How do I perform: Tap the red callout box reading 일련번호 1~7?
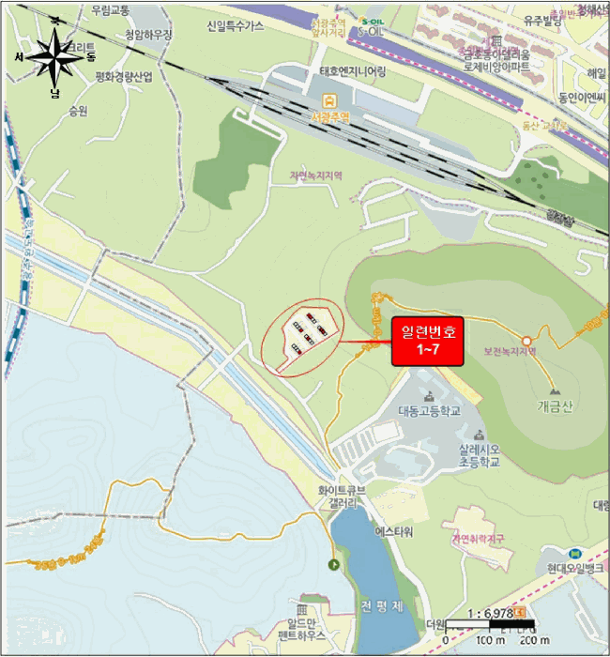(x=428, y=342)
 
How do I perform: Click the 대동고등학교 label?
(x=430, y=411)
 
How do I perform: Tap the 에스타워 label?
(x=394, y=530)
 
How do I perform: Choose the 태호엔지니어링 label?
(x=352, y=71)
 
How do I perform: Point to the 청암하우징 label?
(x=149, y=35)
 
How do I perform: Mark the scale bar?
(x=488, y=624)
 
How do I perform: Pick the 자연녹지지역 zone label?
(x=316, y=176)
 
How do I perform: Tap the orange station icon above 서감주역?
(x=330, y=99)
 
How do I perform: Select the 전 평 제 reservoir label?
(x=381, y=605)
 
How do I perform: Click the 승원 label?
(x=77, y=110)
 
